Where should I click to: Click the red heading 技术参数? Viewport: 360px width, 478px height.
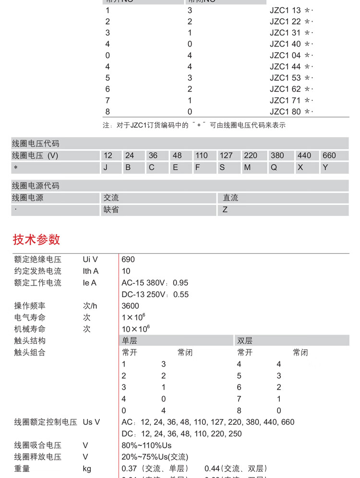[x=36, y=239]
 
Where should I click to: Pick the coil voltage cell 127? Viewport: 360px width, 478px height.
[x=226, y=155]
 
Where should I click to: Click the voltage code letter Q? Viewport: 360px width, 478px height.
[x=274, y=167]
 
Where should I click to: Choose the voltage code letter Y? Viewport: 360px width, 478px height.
[x=325, y=167]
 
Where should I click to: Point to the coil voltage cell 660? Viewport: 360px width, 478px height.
[x=329, y=155]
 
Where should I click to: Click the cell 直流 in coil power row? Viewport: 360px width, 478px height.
[x=230, y=198]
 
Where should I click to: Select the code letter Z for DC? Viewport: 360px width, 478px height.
[x=225, y=210]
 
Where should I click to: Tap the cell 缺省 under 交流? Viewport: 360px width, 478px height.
[x=111, y=210]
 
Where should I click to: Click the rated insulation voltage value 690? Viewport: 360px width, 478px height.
[x=128, y=260]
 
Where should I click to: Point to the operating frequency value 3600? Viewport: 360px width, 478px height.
[x=130, y=306]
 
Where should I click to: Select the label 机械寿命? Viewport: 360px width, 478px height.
[x=30, y=329]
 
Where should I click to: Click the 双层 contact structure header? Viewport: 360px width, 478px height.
[x=245, y=341]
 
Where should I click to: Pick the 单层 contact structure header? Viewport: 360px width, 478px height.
[x=130, y=341]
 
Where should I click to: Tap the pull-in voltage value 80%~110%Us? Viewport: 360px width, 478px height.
[x=146, y=445]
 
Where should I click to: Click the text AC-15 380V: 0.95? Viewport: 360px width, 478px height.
[x=155, y=283]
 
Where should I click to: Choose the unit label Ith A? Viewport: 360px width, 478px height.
[x=90, y=271]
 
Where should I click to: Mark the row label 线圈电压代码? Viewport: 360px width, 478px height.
[x=36, y=143]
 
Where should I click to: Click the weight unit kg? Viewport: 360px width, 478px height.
[x=87, y=468]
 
